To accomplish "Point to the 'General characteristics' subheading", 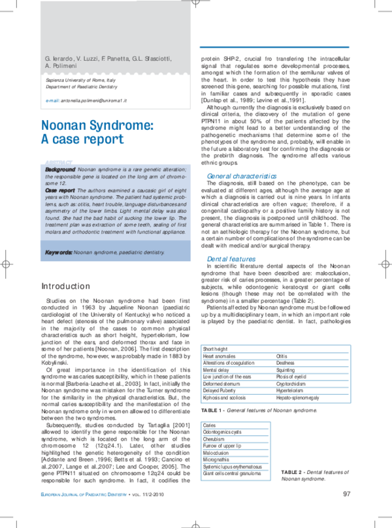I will click(x=241, y=176).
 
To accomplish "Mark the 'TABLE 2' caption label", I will click(x=292, y=471).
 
